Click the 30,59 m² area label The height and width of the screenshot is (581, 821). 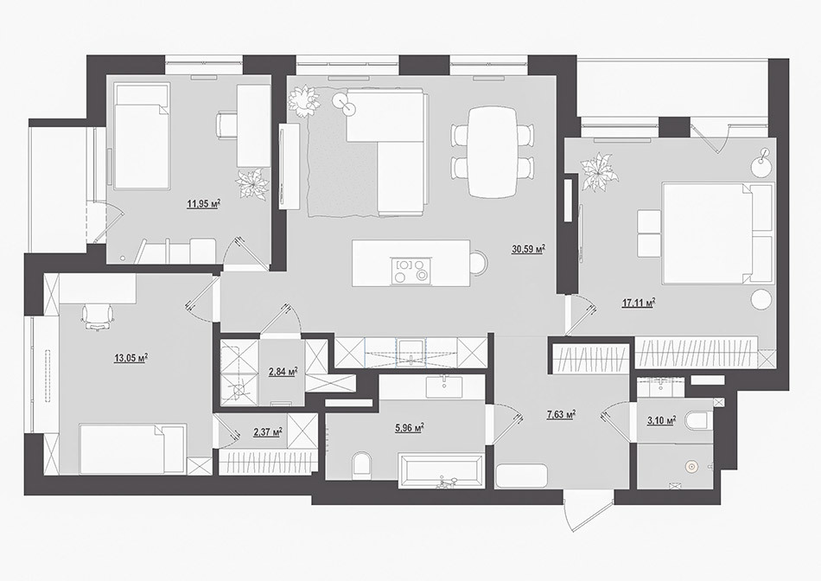529,249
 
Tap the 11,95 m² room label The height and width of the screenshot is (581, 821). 203,204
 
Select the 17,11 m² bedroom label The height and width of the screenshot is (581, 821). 639,303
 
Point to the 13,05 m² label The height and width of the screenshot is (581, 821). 130,358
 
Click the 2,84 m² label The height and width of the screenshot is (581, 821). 283,372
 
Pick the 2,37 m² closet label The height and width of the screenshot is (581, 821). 268,432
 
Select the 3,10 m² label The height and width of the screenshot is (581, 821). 661,421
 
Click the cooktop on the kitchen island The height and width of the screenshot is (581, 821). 411,270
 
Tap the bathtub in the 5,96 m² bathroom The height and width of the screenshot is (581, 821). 441,470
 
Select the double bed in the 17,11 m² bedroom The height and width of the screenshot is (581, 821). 718,233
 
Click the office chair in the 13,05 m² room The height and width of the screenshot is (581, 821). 98,317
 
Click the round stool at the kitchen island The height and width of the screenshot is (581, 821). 478,261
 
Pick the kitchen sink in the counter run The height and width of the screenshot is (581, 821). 412,352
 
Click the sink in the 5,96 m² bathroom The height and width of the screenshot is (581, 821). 443,386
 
